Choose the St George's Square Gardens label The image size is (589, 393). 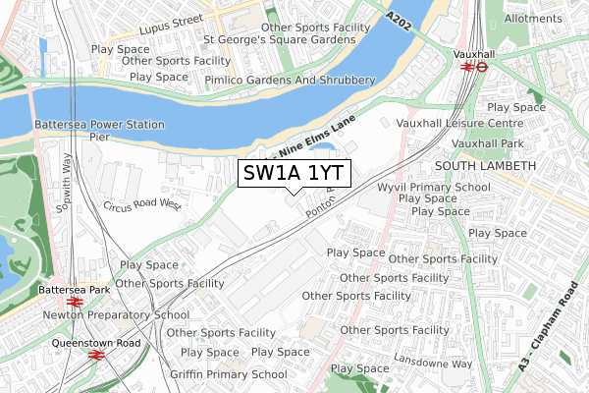click(279, 40)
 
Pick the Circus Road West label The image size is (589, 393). click(142, 205)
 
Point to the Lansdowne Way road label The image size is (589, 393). click(433, 363)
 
